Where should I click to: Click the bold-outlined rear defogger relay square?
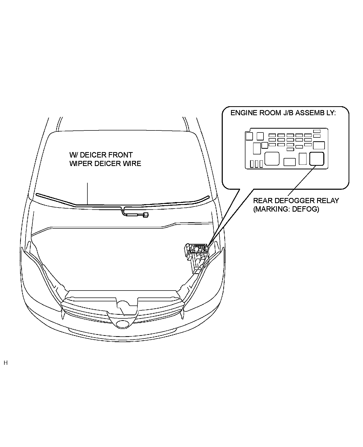click(317, 159)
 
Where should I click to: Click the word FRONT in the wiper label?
click(121, 155)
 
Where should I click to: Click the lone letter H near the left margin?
click(6, 363)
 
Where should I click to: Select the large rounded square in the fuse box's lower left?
click(272, 159)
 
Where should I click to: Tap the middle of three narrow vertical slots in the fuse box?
click(257, 164)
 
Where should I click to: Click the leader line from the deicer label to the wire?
click(88, 193)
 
